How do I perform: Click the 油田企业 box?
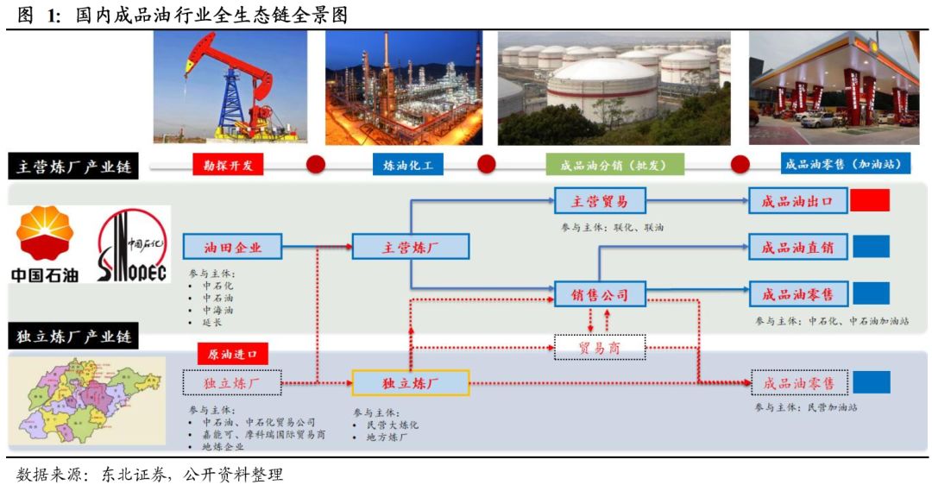pos(233,248)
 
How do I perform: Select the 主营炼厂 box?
pos(411,248)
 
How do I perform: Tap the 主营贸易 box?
pos(600,202)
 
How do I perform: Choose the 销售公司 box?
pos(600,294)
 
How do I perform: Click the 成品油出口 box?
pos(797,202)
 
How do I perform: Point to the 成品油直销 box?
pos(797,248)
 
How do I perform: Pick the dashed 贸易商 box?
pos(600,348)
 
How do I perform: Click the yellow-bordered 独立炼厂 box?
pos(411,382)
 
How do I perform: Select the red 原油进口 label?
pos(233,354)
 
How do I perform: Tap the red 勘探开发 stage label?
pos(228,165)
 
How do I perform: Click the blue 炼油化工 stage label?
pos(407,165)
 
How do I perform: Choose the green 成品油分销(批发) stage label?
pos(603,165)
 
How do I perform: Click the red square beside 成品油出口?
pos(870,201)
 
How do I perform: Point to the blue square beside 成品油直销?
pos(871,247)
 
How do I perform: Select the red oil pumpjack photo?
pos(230,87)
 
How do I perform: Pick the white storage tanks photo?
pos(614,88)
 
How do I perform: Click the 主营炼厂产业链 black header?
pos(73,167)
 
